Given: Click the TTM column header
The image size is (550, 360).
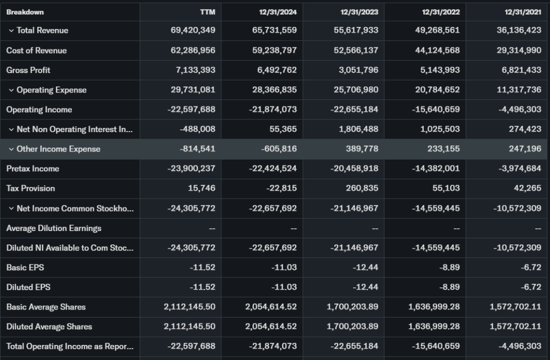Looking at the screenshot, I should point(207,11).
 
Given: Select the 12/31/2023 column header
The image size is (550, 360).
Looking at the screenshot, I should point(359,11).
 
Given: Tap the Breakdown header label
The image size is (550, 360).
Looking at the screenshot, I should point(25,11).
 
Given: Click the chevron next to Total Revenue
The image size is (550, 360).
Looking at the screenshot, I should point(11,31).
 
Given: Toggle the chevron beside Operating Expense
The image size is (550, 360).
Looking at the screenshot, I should point(11,90).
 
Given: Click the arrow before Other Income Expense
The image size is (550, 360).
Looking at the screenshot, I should point(11,149).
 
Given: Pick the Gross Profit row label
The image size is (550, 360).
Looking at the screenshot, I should point(28,70).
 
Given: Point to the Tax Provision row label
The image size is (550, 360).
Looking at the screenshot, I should point(31,188).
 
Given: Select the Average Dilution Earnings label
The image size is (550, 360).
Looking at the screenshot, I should point(54,228).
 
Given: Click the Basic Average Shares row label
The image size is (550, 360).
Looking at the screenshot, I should point(46,307).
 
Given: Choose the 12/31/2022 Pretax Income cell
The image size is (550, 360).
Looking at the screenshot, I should point(436,169).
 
